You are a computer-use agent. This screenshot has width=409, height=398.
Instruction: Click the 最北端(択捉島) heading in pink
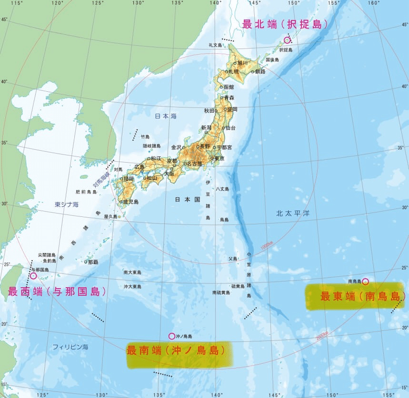[285, 24]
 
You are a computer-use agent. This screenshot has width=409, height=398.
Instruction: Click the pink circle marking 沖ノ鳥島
[171, 336]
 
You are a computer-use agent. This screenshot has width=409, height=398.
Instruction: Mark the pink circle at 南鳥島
[365, 281]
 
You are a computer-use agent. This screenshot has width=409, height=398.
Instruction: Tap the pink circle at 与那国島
[33, 275]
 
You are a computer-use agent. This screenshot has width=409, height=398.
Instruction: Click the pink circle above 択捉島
[287, 40]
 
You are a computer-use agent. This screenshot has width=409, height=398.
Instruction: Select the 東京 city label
[219, 158]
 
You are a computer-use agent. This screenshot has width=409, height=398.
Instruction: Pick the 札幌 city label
[234, 71]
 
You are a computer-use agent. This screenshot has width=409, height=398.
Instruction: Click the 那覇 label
[93, 262]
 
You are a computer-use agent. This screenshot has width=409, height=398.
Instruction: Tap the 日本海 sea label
[165, 116]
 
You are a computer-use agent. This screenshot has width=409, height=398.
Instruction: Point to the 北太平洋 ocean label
[293, 214]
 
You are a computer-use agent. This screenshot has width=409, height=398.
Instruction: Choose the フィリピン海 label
[70, 347]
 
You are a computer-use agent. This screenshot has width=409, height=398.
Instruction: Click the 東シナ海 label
[66, 205]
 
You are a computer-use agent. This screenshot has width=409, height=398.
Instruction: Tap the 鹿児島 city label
[130, 202]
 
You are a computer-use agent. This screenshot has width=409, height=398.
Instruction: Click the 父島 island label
[232, 259]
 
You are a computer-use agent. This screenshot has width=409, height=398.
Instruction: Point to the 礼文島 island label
[215, 45]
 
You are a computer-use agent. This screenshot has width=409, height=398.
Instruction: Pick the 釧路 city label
[260, 71]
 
